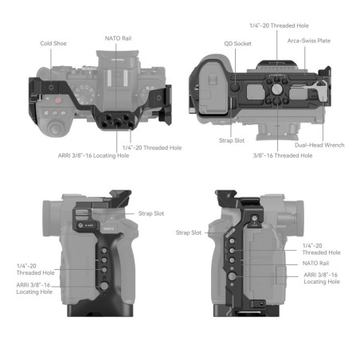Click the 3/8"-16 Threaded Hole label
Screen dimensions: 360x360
click(282, 155)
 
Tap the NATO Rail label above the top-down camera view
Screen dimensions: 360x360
click(118, 37)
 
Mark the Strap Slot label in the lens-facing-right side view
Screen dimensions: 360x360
click(189, 233)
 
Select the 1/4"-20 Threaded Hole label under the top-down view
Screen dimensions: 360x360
click(151, 147)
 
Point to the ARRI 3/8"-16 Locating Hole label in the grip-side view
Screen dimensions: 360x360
click(35, 288)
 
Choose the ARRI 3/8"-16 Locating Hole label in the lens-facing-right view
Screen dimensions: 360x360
click(321, 278)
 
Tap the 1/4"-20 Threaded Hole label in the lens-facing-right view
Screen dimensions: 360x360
click(321, 248)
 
